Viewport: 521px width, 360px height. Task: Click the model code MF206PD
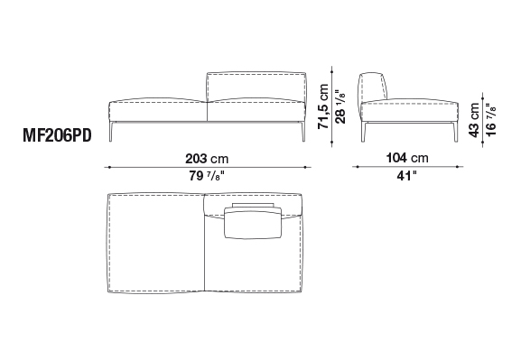57,135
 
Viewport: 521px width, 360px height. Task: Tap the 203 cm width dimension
207,159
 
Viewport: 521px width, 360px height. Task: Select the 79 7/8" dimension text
207,176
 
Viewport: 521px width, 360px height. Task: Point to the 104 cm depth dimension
407,158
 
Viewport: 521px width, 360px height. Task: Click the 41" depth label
406,176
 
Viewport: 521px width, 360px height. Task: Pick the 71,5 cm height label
323,106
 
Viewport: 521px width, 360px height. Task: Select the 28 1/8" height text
340,106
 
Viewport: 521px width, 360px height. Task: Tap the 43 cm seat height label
474,120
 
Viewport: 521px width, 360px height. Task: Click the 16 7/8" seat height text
491,120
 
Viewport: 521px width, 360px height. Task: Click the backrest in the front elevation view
256,86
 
